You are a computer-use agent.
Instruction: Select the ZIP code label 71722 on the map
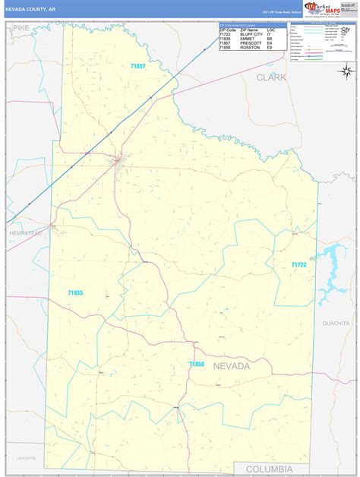click(x=298, y=265)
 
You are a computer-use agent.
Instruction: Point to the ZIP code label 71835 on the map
click(x=75, y=292)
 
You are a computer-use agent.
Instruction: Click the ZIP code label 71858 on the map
click(x=197, y=365)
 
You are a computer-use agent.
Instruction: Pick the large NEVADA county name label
click(x=231, y=366)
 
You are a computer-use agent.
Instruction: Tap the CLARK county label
click(x=271, y=77)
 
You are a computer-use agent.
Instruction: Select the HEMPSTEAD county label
click(x=25, y=234)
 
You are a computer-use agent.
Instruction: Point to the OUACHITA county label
click(x=335, y=323)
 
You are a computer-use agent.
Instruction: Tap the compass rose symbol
click(x=346, y=71)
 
